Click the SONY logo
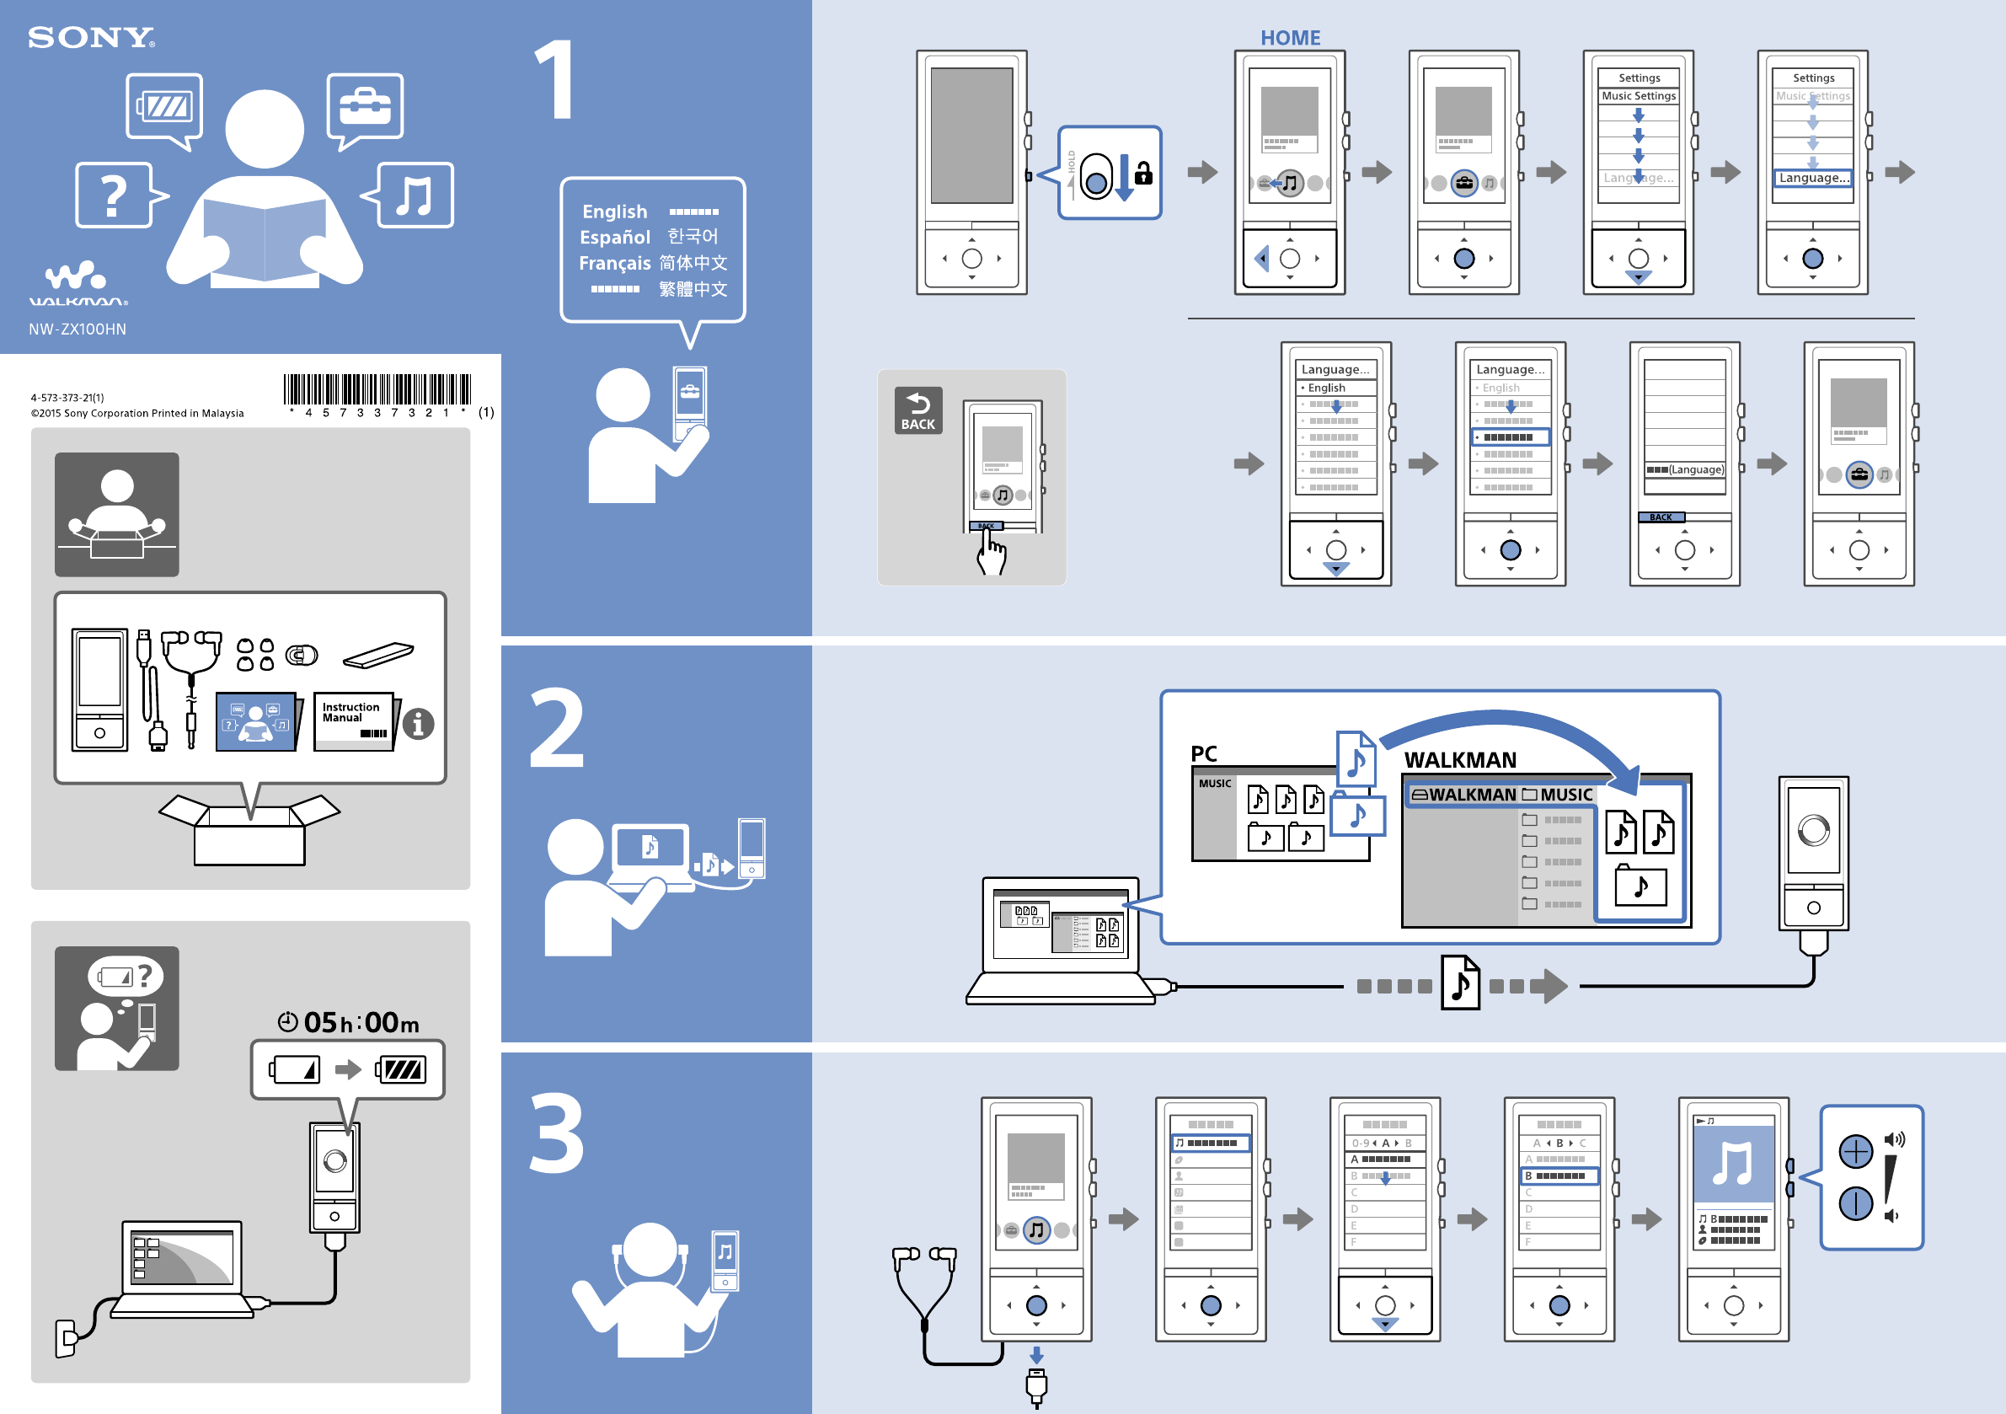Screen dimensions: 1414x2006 (x=91, y=38)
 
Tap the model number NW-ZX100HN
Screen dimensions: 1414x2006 (x=77, y=329)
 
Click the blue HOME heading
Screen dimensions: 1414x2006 (x=1290, y=38)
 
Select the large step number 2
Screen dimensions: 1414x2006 (x=557, y=728)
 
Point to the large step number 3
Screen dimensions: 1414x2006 (x=557, y=1133)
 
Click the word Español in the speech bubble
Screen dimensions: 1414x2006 (x=614, y=237)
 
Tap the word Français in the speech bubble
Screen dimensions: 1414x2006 (x=614, y=263)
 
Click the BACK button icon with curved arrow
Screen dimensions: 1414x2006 (x=917, y=410)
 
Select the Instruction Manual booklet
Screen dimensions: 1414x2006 (x=353, y=722)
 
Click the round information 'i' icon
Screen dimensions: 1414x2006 (x=418, y=724)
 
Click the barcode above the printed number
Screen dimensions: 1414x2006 (x=377, y=389)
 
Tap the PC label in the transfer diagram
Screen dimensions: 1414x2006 (x=1203, y=753)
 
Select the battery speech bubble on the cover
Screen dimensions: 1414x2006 (x=164, y=108)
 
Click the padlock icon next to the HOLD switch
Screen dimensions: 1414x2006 (x=1142, y=174)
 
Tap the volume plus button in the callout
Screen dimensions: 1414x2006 (x=1855, y=1151)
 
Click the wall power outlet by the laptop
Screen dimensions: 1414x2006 (x=66, y=1338)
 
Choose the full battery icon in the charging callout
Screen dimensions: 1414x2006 (x=401, y=1069)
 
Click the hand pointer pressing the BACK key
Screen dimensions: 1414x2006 (x=991, y=552)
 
